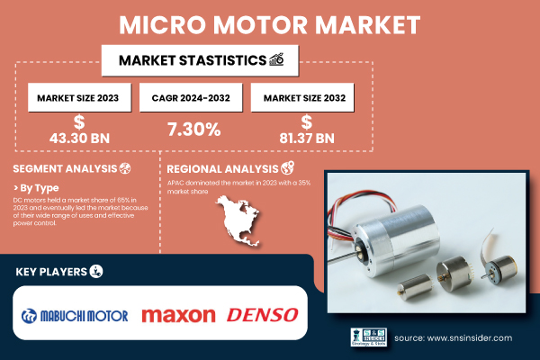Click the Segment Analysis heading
coord(66,169)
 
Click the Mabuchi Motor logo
coord(76,315)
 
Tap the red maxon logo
coord(178,315)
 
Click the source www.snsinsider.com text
coord(454,338)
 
